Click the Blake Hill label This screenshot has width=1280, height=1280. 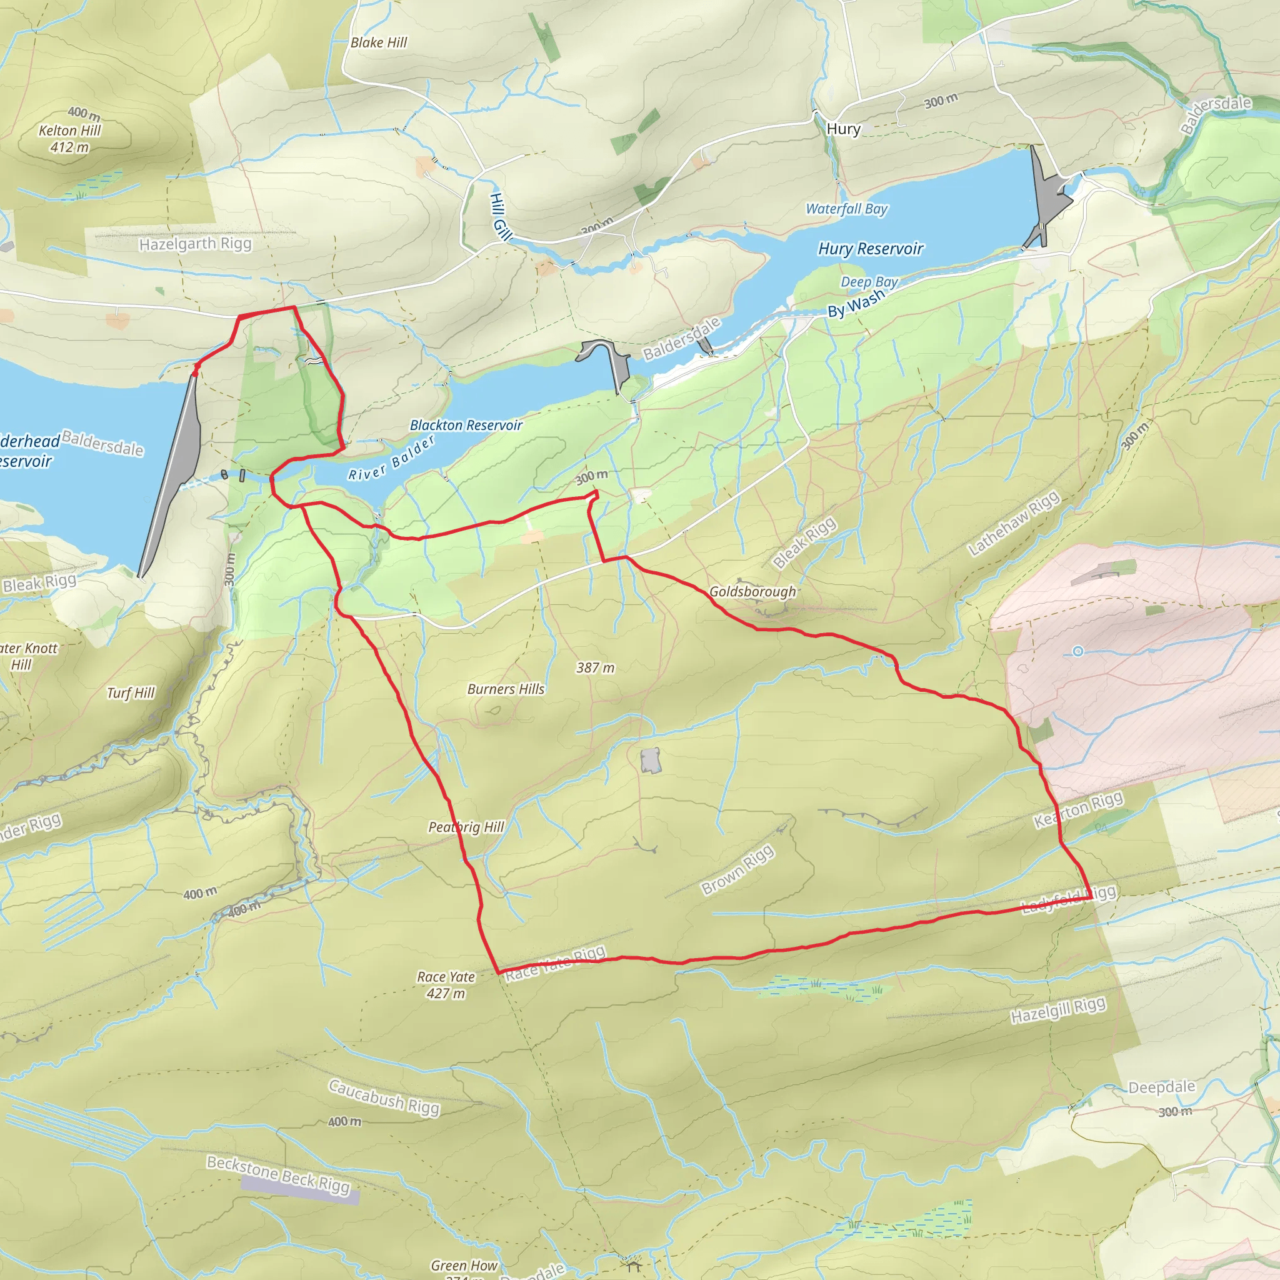pyautogui.click(x=378, y=42)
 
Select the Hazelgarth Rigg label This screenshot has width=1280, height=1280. pyautogui.click(x=196, y=244)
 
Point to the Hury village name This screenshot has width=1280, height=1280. pyautogui.click(x=843, y=129)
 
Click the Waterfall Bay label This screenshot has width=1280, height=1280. pyautogui.click(x=846, y=209)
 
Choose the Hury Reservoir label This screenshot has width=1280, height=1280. pyautogui.click(x=871, y=249)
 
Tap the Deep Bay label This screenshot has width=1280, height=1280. pyautogui.click(x=869, y=282)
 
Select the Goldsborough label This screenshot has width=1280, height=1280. pyautogui.click(x=752, y=591)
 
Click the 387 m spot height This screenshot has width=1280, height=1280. pyautogui.click(x=595, y=668)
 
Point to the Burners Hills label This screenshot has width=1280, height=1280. pyautogui.click(x=506, y=689)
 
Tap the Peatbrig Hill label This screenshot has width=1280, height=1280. pyautogui.click(x=466, y=827)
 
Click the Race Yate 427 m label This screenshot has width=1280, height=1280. pyautogui.click(x=446, y=984)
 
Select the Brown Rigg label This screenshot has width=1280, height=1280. pyautogui.click(x=737, y=869)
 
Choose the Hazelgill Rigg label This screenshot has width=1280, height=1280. pyautogui.click(x=1058, y=1011)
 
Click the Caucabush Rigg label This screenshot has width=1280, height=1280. pyautogui.click(x=384, y=1097)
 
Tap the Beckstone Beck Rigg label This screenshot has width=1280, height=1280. pyautogui.click(x=278, y=1174)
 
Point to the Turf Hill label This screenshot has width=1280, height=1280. pyautogui.click(x=131, y=693)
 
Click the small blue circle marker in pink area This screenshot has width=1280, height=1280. pyautogui.click(x=1078, y=651)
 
